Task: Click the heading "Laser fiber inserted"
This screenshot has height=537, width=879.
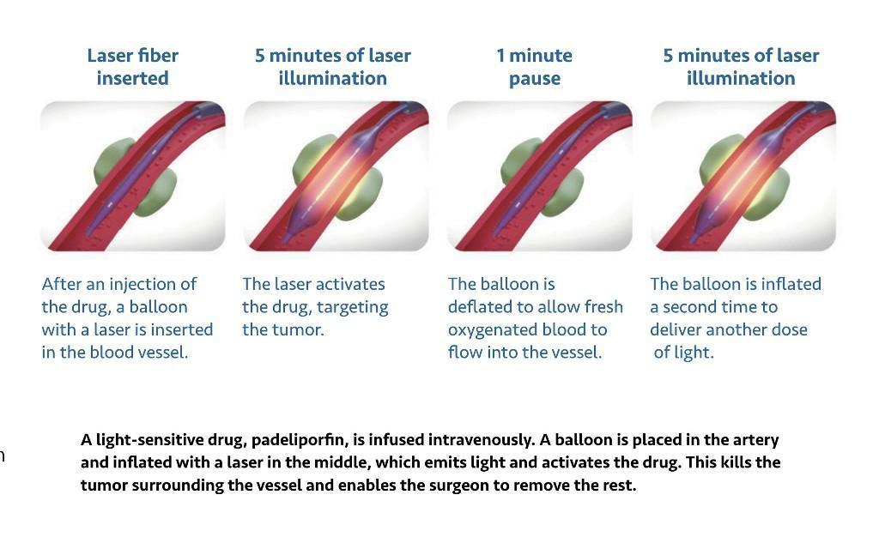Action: click(133, 67)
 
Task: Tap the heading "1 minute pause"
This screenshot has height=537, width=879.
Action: click(534, 67)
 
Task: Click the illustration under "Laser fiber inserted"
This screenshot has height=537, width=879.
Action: click(133, 176)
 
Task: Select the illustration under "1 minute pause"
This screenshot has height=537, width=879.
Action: click(540, 176)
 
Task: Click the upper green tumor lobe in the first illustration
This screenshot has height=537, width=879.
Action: click(112, 160)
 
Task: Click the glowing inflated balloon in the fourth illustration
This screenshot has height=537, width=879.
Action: click(740, 178)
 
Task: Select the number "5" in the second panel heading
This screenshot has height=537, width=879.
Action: click(259, 56)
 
